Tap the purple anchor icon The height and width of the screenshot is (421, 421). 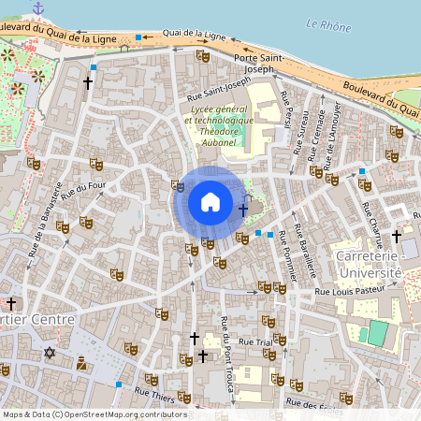coord(38,8)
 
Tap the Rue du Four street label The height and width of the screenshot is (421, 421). coord(84,191)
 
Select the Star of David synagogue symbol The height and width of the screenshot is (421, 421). coord(50,353)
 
